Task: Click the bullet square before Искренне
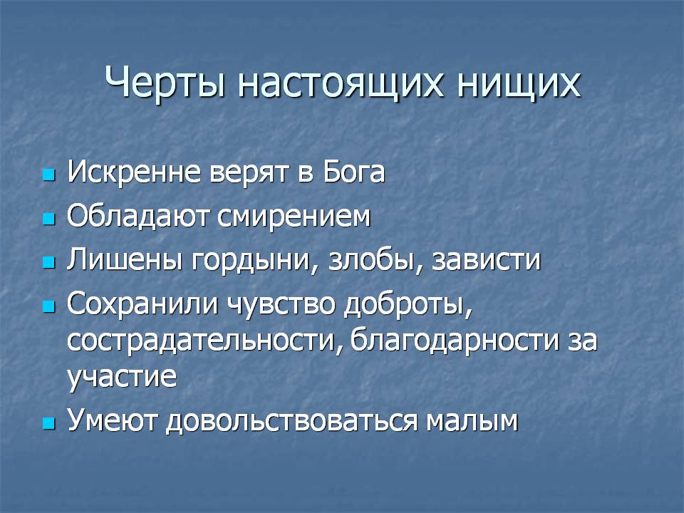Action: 49,175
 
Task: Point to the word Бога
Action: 354,172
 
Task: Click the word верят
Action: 249,175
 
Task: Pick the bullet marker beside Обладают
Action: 49,219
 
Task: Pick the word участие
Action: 122,378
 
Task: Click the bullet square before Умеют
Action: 49,423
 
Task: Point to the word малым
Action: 472,422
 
